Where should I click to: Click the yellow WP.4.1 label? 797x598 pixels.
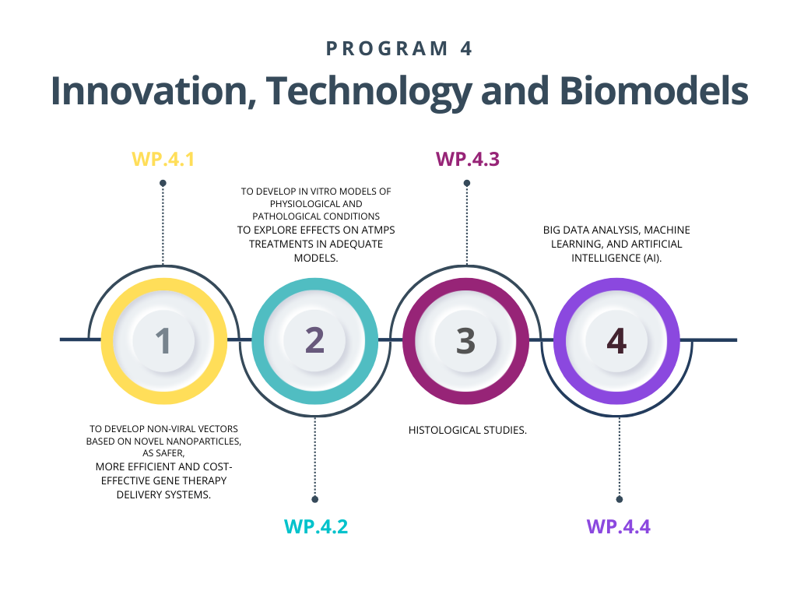click(163, 159)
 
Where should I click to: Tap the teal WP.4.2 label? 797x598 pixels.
click(316, 526)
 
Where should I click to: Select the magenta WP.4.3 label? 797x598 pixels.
click(468, 159)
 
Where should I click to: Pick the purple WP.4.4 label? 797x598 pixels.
click(619, 526)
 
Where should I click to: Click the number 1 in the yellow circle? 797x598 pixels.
click(163, 341)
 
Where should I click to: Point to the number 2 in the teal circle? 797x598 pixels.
click(314, 340)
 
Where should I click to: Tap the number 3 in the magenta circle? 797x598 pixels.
click(465, 341)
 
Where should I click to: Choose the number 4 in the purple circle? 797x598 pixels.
click(616, 341)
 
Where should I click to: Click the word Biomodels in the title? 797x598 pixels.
click(654, 91)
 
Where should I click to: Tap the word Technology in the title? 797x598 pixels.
click(369, 93)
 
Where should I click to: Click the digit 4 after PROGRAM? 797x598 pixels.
click(466, 49)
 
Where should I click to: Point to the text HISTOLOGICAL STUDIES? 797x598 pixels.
click(468, 430)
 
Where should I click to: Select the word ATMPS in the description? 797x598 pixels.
click(378, 230)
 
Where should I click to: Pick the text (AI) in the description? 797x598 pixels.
click(653, 259)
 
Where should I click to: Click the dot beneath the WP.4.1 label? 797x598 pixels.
click(163, 183)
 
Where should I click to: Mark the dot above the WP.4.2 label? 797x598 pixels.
click(315, 499)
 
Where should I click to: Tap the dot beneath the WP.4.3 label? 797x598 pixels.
click(467, 183)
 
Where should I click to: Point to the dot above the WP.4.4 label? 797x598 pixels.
click(619, 499)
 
